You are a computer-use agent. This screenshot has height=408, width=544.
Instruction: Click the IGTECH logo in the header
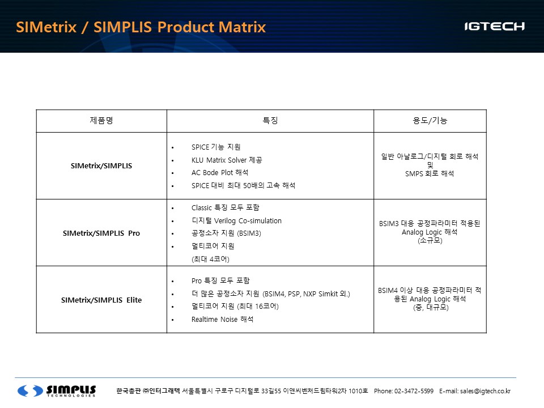[494, 27]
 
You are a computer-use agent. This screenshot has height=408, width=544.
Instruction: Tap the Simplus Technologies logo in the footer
[57, 390]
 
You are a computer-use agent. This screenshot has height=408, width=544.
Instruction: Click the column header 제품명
[101, 120]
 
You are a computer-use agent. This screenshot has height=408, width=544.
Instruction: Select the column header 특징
[270, 120]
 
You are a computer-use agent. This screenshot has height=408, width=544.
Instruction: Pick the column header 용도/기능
[430, 120]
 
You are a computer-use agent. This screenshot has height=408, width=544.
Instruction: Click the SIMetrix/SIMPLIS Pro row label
[101, 233]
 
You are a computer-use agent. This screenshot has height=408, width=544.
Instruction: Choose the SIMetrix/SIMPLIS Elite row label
[101, 300]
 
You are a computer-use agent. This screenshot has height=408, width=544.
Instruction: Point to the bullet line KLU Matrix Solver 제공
[227, 160]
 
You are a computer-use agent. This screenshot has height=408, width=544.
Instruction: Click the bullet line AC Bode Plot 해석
[220, 172]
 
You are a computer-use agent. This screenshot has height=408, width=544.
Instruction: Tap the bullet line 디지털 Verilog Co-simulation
[236, 220]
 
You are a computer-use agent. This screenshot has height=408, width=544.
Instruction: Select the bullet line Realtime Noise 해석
[222, 319]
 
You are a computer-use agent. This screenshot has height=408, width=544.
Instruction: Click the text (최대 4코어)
[210, 259]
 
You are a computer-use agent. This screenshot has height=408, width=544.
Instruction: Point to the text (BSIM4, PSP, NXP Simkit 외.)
[307, 294]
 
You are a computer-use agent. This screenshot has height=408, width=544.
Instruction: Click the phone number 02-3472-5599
[414, 391]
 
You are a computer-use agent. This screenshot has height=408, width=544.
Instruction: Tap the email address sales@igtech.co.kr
[486, 391]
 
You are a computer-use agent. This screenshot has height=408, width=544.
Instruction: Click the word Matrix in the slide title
[242, 27]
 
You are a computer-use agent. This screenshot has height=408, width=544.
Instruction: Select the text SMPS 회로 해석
[430, 173]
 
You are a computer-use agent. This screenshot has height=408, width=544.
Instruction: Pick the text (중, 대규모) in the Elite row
[431, 307]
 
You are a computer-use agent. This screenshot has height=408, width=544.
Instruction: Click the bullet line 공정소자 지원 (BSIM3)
[226, 233]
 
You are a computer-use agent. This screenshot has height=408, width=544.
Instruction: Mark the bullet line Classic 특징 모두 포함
[225, 207]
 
